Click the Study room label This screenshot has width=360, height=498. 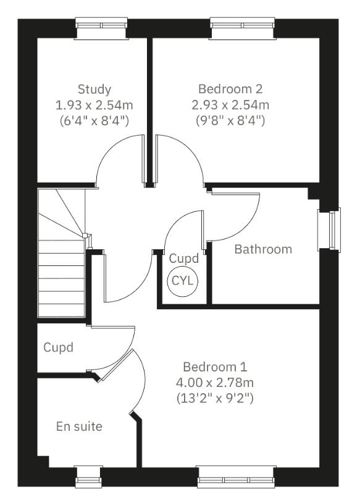coord(94,89)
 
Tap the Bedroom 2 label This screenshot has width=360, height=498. coord(234,89)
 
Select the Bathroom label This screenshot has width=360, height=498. coord(263,249)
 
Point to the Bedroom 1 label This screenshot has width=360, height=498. coord(214,367)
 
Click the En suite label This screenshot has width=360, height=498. coord(79,426)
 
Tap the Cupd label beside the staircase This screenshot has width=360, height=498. coord(58,347)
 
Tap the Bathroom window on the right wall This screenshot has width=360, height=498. coord(329,230)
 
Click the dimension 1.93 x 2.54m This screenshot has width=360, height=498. coord(94,104)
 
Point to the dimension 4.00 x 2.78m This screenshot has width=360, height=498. coord(214,383)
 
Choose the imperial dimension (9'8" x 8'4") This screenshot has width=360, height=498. coord(234,120)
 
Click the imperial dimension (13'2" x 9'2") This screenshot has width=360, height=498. coord(214,398)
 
